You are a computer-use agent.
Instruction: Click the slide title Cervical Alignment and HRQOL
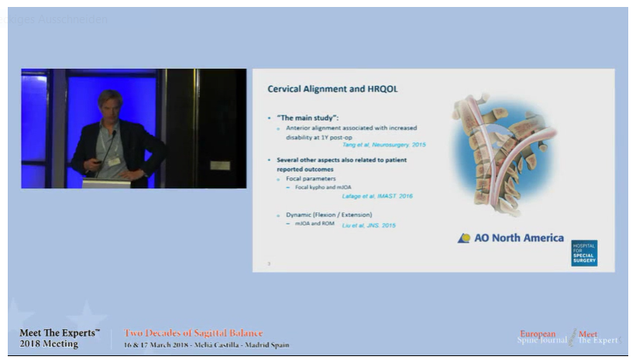(332, 89)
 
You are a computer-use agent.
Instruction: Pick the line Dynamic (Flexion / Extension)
(328, 214)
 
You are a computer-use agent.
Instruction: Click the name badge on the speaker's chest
(115, 161)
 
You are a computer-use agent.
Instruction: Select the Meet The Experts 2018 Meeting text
(59, 338)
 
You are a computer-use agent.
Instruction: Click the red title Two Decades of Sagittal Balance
(194, 333)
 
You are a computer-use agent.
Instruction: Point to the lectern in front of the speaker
(106, 183)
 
